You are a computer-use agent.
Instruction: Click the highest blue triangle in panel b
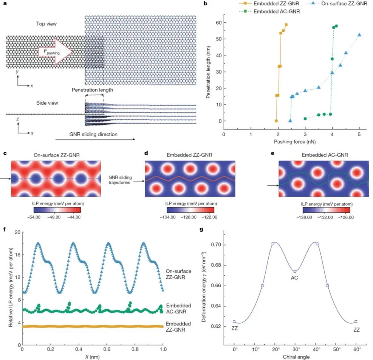point(359,35)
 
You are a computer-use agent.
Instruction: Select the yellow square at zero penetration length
point(276,121)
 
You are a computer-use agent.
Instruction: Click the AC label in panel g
point(295,278)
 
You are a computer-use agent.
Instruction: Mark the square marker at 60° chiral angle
point(356,322)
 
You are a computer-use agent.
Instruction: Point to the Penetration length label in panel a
point(92,90)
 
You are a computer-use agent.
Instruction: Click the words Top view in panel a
point(46,24)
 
